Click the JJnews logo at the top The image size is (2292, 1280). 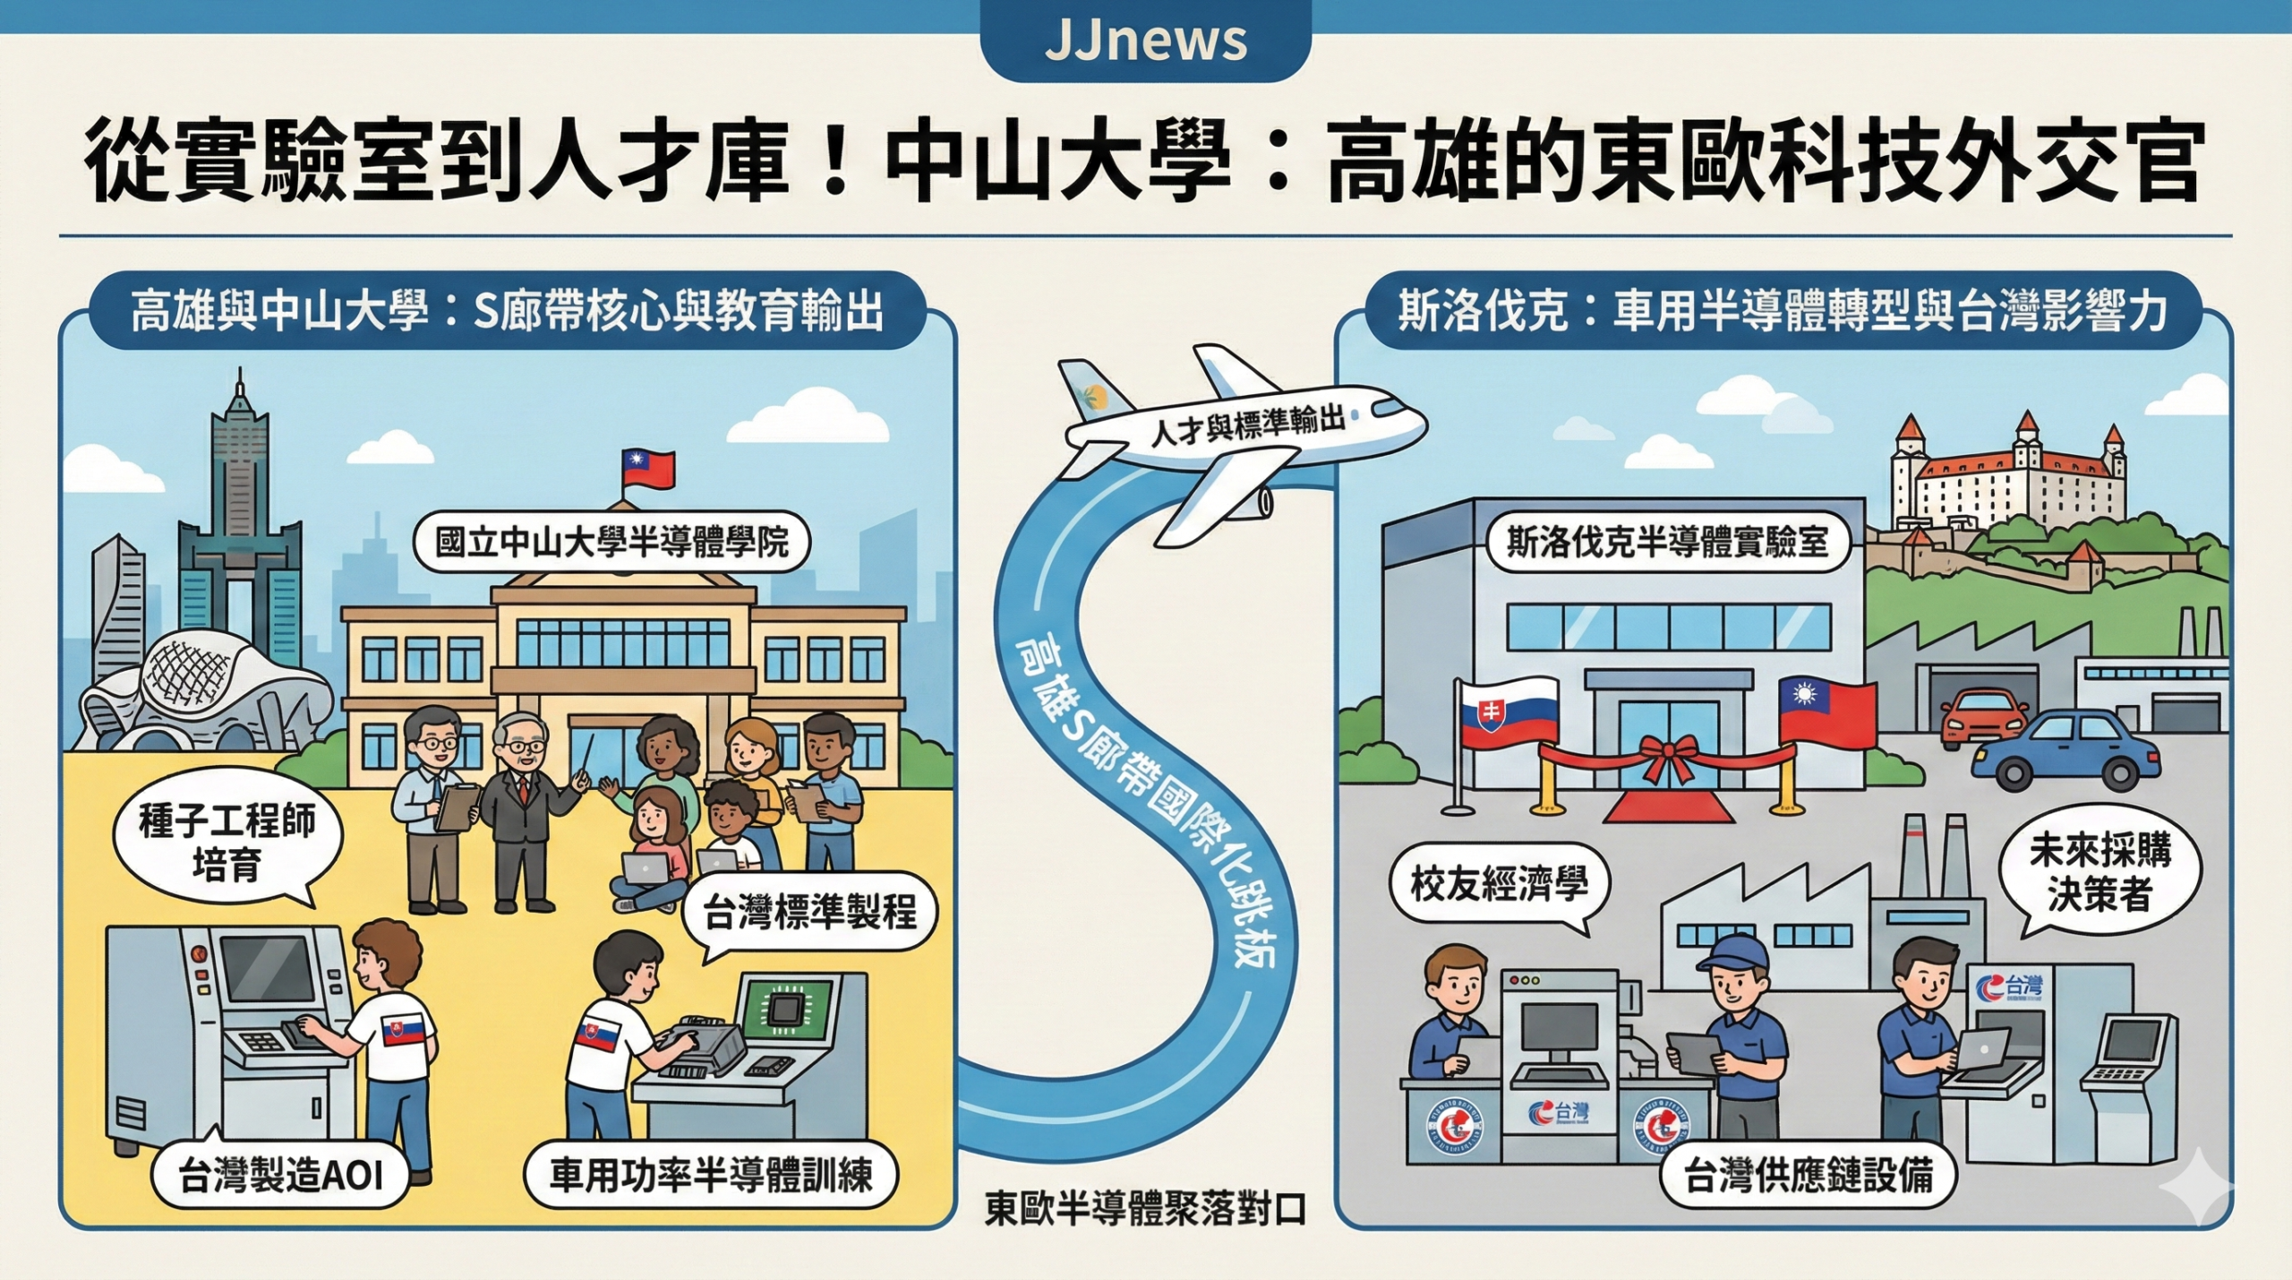[x=1145, y=40]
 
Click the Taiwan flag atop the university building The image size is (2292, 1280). [x=648, y=468]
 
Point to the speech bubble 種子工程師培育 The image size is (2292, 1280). [x=227, y=843]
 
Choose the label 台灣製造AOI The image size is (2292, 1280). [x=280, y=1174]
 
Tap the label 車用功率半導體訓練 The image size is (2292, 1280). [x=710, y=1174]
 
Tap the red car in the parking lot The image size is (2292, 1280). [x=1983, y=717]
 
